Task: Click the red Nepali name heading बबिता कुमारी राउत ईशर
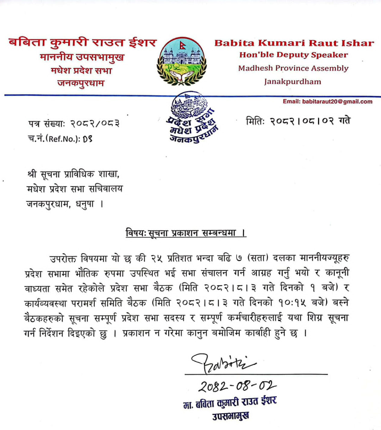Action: coord(82,43)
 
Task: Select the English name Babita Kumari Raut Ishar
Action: coord(294,43)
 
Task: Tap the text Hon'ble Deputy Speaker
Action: coord(293,55)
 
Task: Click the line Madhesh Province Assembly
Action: coord(293,68)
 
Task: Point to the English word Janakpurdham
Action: coord(293,82)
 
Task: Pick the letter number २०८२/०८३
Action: coord(95,124)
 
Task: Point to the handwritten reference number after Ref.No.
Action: coord(87,139)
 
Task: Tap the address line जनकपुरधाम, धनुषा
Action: coord(65,204)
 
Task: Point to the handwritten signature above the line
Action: coord(223,363)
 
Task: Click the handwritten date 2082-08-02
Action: coord(237,386)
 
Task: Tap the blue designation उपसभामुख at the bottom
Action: coord(231,416)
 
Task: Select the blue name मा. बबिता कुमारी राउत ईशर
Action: coord(230,403)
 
